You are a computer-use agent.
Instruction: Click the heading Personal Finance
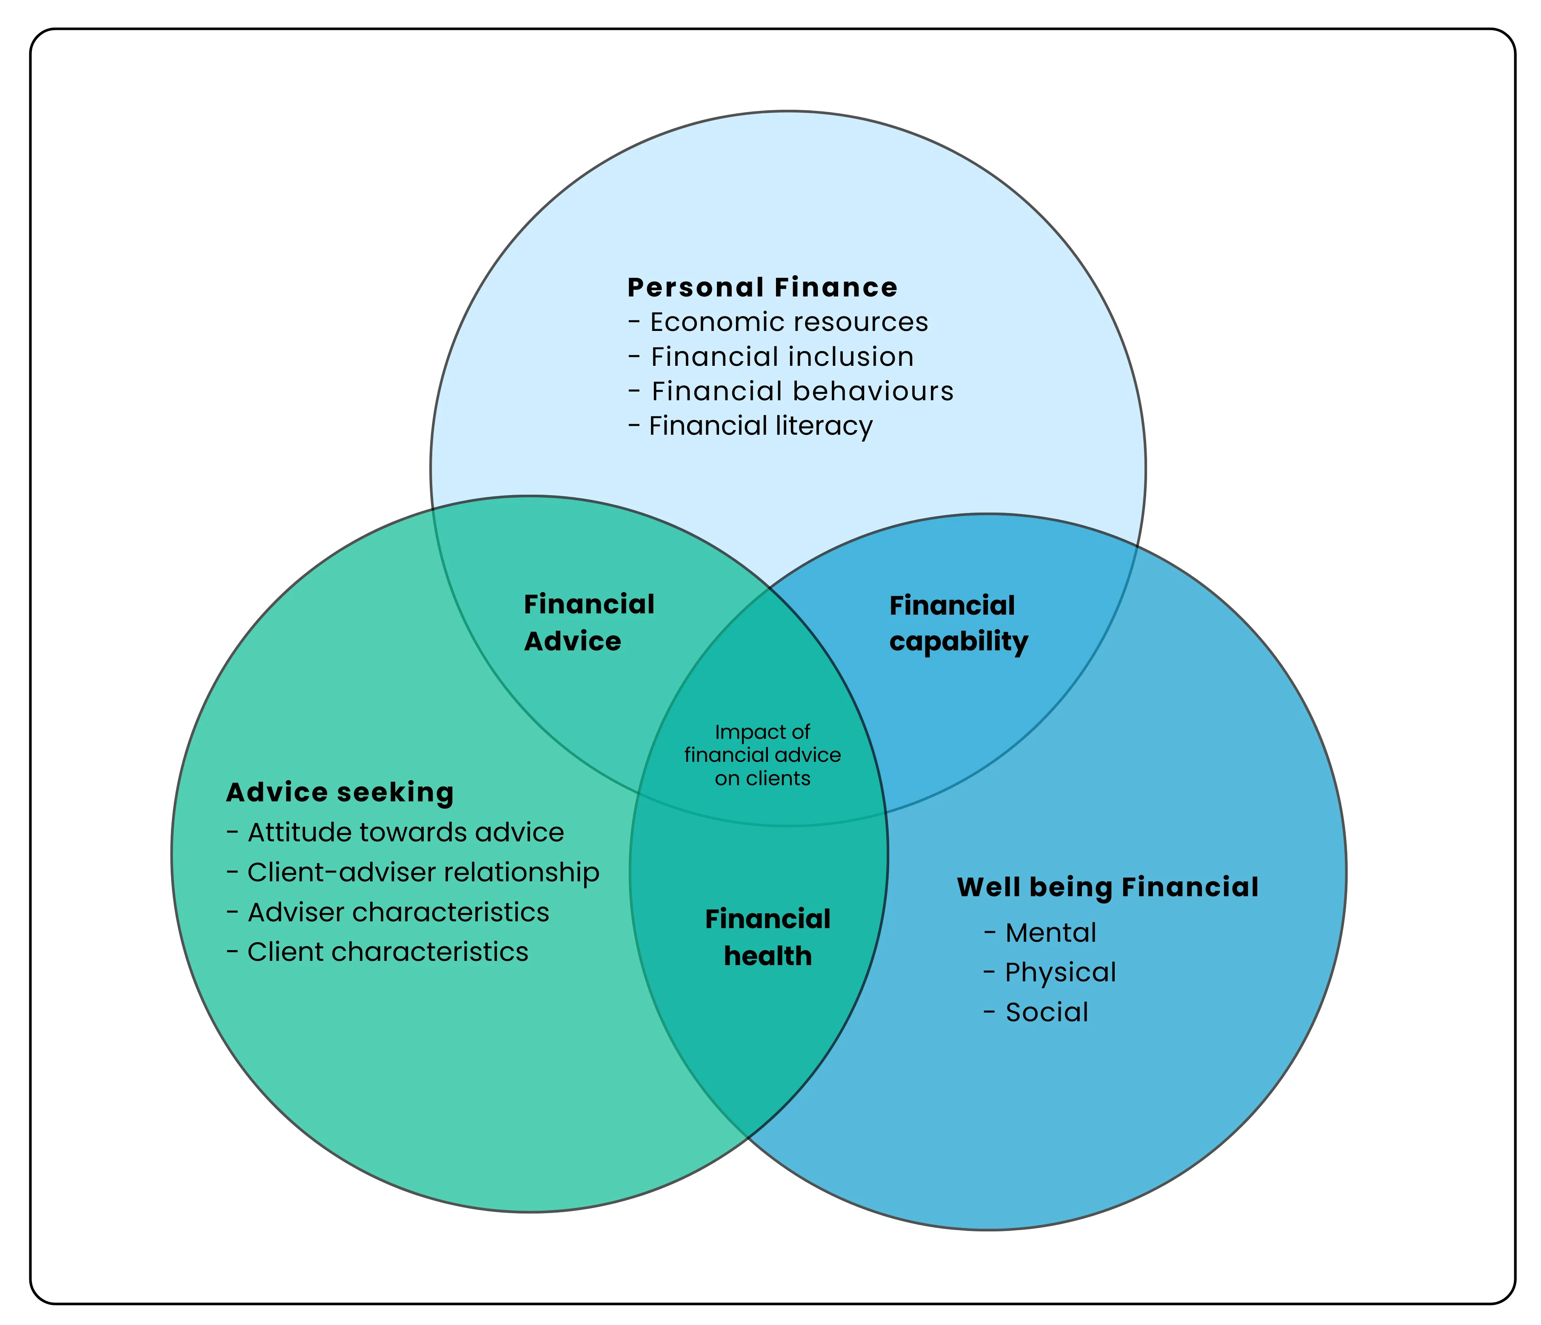tap(762, 288)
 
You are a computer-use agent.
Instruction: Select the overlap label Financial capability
tap(958, 624)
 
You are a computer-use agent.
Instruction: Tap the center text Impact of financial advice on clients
tap(762, 755)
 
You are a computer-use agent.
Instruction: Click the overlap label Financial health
tap(768, 937)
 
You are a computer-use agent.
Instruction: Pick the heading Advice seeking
tap(340, 792)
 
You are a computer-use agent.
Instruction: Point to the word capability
tap(958, 642)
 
